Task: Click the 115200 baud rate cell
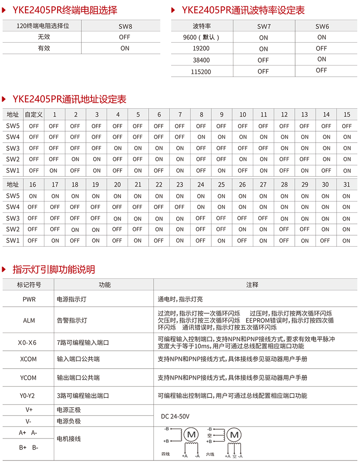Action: [x=201, y=72]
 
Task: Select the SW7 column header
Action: [x=263, y=26]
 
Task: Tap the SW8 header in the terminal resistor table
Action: [x=125, y=26]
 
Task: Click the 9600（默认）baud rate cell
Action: [x=201, y=37]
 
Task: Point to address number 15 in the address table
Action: [x=347, y=114]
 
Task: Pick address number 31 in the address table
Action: [x=346, y=185]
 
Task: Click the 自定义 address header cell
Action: [x=33, y=114]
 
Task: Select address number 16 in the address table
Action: [x=33, y=185]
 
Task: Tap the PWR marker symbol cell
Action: [x=29, y=299]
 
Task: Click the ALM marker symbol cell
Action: [x=29, y=320]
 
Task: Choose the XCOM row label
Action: [x=28, y=359]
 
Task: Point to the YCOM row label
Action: [x=28, y=378]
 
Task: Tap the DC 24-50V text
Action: [x=175, y=416]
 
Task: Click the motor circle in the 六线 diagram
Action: [x=234, y=435]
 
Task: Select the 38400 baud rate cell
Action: [x=201, y=60]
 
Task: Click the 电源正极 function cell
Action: [x=69, y=410]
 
